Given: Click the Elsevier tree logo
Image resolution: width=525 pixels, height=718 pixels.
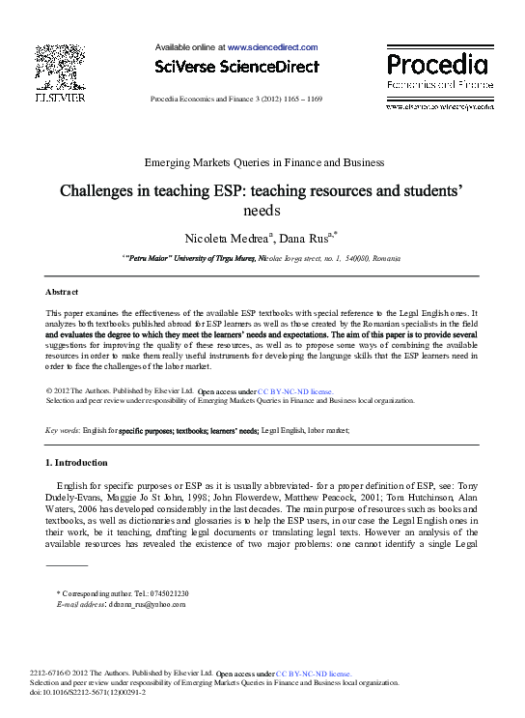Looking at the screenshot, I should tap(60, 68).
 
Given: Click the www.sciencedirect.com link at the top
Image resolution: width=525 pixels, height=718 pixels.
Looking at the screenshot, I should tap(272, 46).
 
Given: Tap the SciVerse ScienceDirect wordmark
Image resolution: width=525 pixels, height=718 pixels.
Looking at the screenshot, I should tap(237, 66).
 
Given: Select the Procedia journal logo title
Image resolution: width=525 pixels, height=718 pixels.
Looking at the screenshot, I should tap(437, 65).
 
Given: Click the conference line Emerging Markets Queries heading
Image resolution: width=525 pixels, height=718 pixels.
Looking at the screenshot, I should tap(262, 162).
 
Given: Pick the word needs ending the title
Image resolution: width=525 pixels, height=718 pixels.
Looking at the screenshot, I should tap(262, 210).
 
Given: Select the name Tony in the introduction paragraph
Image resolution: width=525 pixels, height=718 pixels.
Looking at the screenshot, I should tap(466, 485).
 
